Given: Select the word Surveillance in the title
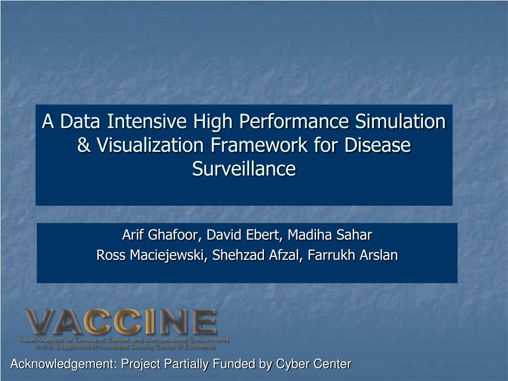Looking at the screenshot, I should [x=244, y=169].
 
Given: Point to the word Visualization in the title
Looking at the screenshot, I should [x=150, y=146].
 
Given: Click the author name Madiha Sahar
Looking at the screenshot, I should [x=330, y=234].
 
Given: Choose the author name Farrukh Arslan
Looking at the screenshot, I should [x=353, y=255].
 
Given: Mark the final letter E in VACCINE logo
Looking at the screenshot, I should [x=203, y=322].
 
